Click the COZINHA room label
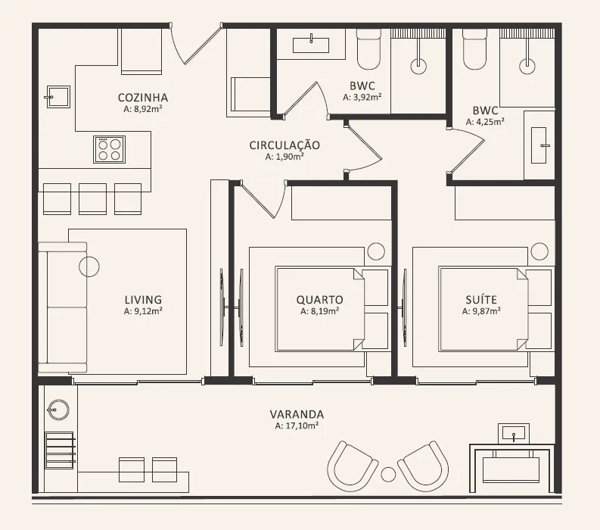(x=143, y=98)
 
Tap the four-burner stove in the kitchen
(x=110, y=149)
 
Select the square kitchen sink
(x=58, y=97)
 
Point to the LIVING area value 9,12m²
(x=143, y=311)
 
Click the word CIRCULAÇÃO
(x=284, y=145)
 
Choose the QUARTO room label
(x=319, y=300)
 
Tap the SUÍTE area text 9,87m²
(x=481, y=311)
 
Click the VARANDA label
(x=297, y=414)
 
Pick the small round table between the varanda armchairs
(x=388, y=475)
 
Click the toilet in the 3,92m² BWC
(x=369, y=50)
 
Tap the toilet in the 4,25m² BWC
(x=475, y=50)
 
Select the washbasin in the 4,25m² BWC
(x=539, y=145)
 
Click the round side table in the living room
(x=89, y=267)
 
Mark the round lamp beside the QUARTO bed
(x=376, y=251)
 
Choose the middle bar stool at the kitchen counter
(x=92, y=198)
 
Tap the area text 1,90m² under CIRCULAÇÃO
(x=284, y=157)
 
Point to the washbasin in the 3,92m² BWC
(x=311, y=45)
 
